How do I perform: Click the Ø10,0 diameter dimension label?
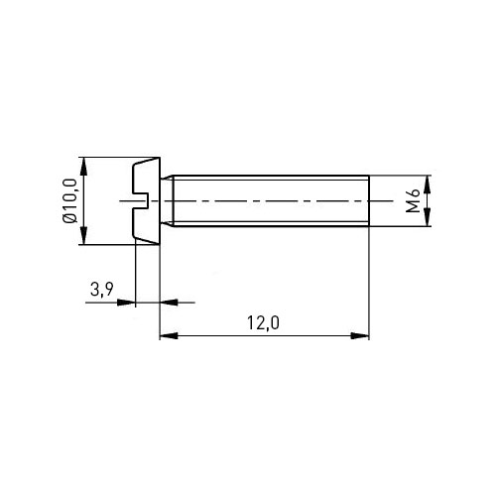(x=70, y=200)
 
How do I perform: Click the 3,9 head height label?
(x=102, y=290)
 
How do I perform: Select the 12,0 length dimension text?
(x=263, y=323)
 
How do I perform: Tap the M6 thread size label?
(x=413, y=200)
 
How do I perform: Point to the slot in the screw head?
(x=141, y=200)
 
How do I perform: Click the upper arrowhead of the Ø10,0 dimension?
(x=84, y=167)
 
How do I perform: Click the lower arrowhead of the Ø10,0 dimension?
(x=84, y=235)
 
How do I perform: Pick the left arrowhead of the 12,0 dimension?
(x=169, y=336)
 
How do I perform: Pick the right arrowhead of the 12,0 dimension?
(x=360, y=336)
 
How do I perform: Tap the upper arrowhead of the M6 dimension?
(x=428, y=185)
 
